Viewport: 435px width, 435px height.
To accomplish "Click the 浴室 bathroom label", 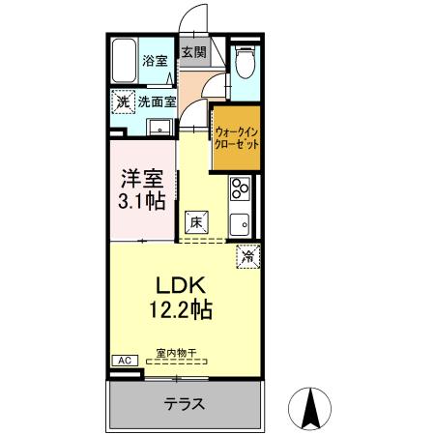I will pyautogui.click(x=156, y=61).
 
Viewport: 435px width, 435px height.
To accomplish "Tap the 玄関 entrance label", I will pyautogui.click(x=191, y=51).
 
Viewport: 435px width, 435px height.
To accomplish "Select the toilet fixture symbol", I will pyautogui.click(x=244, y=64).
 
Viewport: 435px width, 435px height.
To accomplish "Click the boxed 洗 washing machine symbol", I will pyautogui.click(x=123, y=101).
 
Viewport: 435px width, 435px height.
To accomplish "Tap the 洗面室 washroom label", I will pyautogui.click(x=156, y=101).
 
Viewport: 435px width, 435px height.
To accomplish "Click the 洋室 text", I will pyautogui.click(x=141, y=179).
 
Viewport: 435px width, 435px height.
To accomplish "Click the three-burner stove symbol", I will pyautogui.click(x=239, y=189).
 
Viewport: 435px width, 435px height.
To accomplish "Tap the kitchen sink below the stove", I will pyautogui.click(x=239, y=222).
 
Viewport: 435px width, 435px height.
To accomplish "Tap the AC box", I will pyautogui.click(x=123, y=360).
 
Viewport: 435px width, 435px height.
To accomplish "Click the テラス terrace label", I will pyautogui.click(x=184, y=404).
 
